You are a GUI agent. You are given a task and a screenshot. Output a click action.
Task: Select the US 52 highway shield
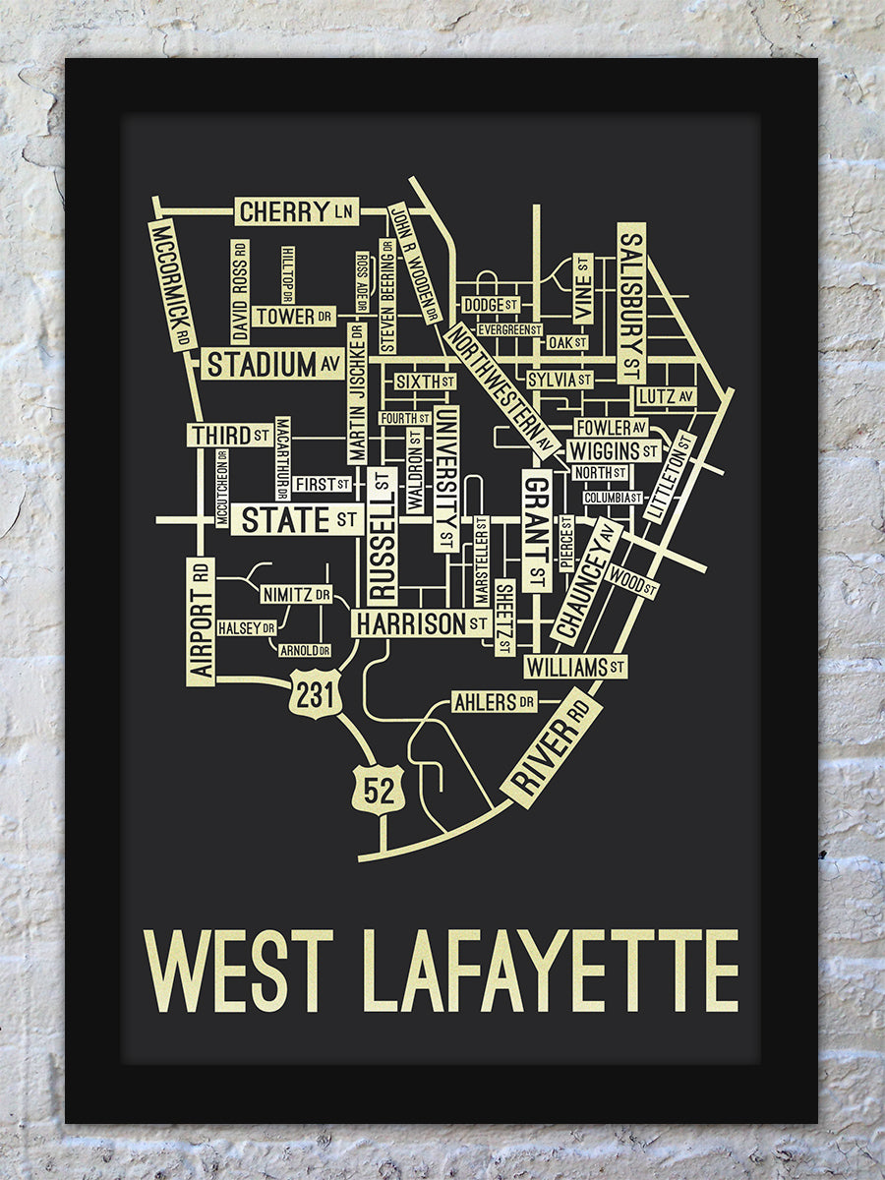click(x=380, y=789)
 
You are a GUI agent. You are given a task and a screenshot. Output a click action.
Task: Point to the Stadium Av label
click(x=272, y=365)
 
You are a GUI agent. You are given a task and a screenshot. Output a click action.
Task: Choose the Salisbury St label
click(x=631, y=303)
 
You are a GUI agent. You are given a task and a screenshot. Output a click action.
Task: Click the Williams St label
click(x=575, y=668)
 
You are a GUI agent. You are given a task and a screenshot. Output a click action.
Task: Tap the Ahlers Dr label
click(x=495, y=702)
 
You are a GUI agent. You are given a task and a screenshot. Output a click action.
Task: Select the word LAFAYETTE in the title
click(x=551, y=971)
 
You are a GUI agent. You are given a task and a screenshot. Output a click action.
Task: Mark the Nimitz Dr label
click(x=295, y=595)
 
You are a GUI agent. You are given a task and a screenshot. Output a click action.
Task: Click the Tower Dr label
click(x=293, y=316)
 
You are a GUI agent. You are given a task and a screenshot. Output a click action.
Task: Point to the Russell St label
click(x=383, y=536)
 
